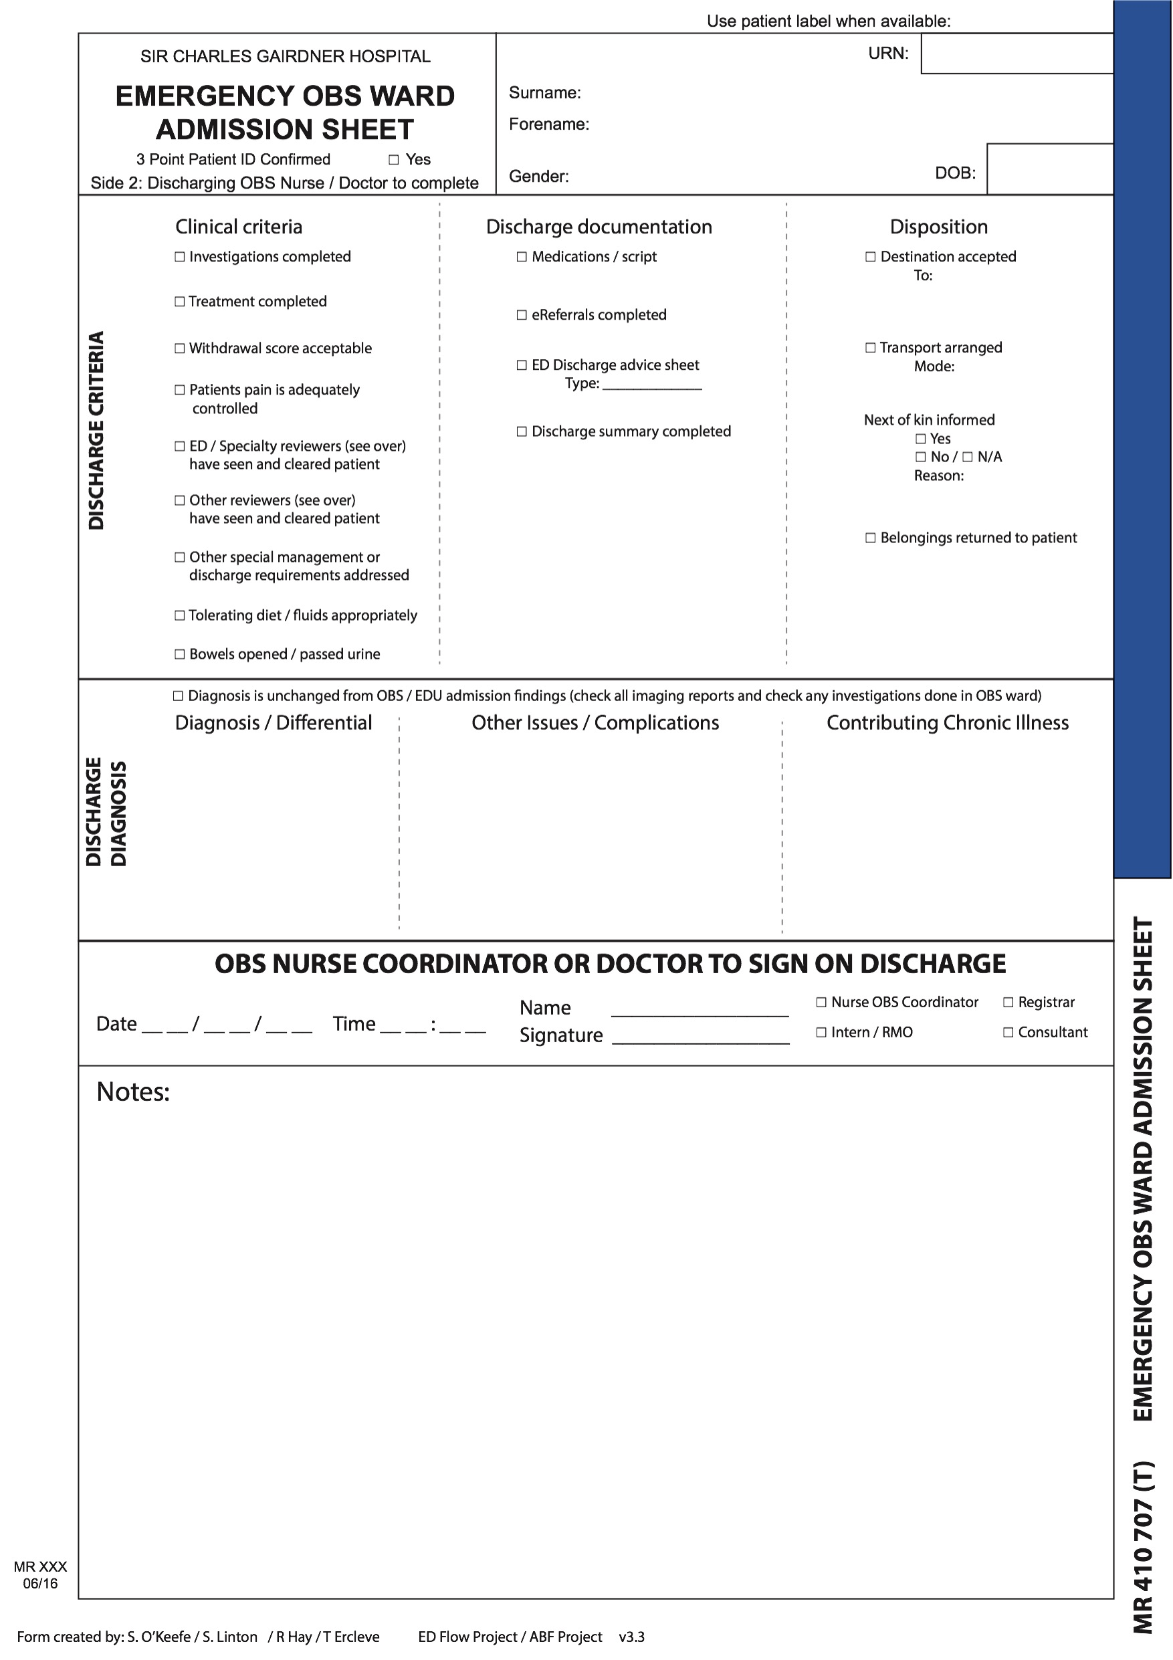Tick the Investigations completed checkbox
click(x=180, y=257)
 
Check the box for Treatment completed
click(x=180, y=302)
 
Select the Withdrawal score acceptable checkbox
click(x=180, y=348)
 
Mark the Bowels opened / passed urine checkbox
click(x=180, y=654)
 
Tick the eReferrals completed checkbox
click(x=522, y=315)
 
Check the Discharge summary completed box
click(x=522, y=431)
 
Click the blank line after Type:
click(x=652, y=385)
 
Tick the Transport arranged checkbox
click(x=871, y=348)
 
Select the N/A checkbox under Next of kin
click(x=968, y=457)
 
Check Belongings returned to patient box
click(x=871, y=538)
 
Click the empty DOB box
click(x=1049, y=169)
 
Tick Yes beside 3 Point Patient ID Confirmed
click(x=394, y=160)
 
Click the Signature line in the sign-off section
click(x=700, y=1037)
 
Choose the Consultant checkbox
click(x=1008, y=1033)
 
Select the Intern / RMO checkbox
click(x=822, y=1033)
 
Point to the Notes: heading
click(x=133, y=1092)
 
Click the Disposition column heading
click(x=938, y=227)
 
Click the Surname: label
click(x=545, y=93)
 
